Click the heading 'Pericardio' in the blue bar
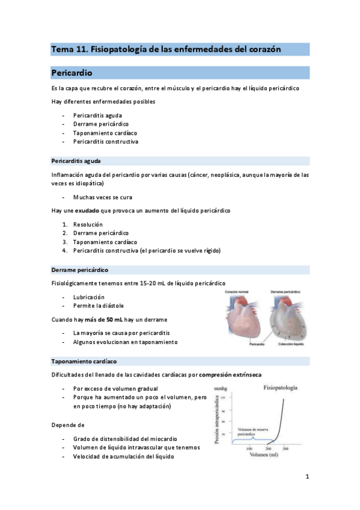click(72, 73)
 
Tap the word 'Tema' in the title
click(60, 49)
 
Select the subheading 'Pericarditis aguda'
click(76, 161)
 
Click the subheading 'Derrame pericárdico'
click(80, 269)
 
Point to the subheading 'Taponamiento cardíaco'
click(84, 361)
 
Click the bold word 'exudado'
click(87, 210)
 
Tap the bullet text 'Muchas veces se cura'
click(102, 197)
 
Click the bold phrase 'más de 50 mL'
click(99, 319)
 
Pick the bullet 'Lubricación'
click(88, 297)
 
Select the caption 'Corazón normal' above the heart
click(237, 292)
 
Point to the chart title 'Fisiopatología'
click(281, 389)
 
